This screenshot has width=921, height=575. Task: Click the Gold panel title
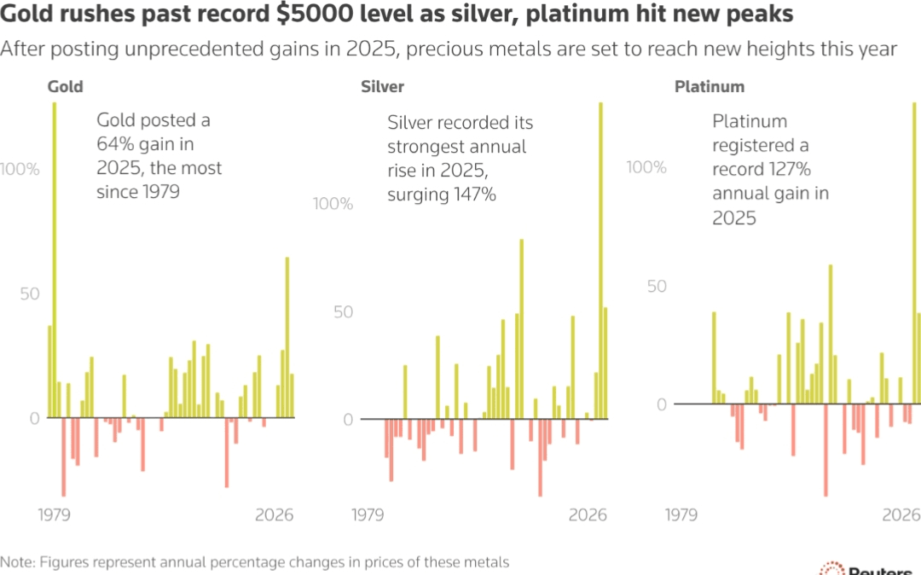pos(65,87)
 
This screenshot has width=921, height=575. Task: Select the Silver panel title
pos(382,87)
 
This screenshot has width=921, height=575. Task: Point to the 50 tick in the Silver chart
pos(344,311)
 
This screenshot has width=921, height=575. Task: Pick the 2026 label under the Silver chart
pos(588,515)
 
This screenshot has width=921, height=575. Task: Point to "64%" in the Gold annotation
pos(114,144)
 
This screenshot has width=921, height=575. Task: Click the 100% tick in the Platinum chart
pos(646,166)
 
